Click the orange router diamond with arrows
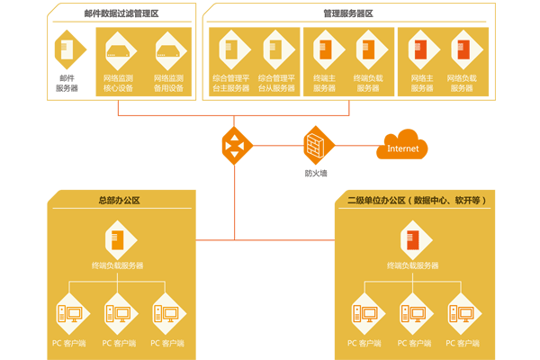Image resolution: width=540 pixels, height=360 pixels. [236, 143]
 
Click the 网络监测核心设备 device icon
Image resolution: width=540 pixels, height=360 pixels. [119, 49]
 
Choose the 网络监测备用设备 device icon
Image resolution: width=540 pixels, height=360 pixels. [168, 49]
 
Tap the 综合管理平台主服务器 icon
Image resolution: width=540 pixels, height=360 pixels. [230, 49]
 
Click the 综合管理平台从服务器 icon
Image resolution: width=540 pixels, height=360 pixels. [275, 49]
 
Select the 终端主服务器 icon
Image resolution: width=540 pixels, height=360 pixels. [324, 49]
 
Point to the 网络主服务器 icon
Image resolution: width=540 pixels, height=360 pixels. [423, 49]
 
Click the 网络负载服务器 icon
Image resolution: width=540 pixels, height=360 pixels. [463, 49]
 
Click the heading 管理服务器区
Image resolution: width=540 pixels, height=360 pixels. [348, 13]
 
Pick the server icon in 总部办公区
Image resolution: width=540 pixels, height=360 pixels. [118, 239]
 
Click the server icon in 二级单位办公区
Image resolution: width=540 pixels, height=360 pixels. [413, 239]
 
